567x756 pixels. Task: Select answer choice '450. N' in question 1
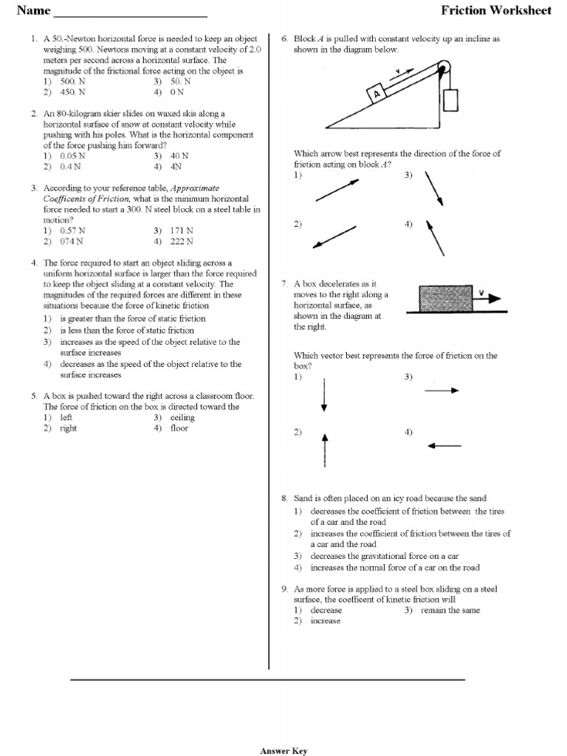[x=72, y=92]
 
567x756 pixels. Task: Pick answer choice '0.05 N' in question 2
[x=72, y=156]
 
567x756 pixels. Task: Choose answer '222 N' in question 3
[x=182, y=241]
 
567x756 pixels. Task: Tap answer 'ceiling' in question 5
[x=182, y=417]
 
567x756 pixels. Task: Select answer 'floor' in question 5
[x=179, y=428]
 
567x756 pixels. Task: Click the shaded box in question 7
[x=446, y=298]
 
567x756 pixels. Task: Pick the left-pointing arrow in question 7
[x=444, y=445]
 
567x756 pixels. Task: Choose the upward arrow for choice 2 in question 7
[x=325, y=450]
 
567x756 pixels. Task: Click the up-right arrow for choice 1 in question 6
[x=336, y=190]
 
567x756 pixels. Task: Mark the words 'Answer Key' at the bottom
[x=283, y=751]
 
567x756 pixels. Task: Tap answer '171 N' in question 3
[x=182, y=230]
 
